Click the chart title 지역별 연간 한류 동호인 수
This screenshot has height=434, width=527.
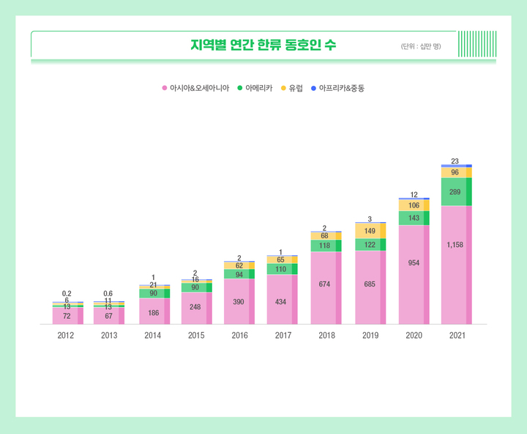coord(263,45)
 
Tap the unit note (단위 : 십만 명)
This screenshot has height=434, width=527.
coord(421,46)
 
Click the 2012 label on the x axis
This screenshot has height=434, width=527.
coord(66,335)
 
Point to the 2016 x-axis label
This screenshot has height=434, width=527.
coord(239,335)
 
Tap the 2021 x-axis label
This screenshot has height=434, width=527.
coord(457,335)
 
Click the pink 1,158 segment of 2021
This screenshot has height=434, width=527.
coord(455,265)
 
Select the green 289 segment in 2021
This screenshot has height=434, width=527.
coord(455,192)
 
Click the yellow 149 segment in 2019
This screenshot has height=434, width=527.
coord(370,231)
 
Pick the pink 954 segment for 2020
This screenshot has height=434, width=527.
coord(414,274)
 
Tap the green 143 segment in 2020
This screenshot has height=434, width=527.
coord(414,218)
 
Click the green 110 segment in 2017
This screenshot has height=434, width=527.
coord(282,269)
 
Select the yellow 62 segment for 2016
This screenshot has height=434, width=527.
coord(239,265)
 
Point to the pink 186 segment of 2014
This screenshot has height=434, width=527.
coord(153,312)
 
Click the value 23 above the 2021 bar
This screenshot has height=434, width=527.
coord(455,161)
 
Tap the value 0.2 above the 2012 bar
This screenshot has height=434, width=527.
coord(67,293)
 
